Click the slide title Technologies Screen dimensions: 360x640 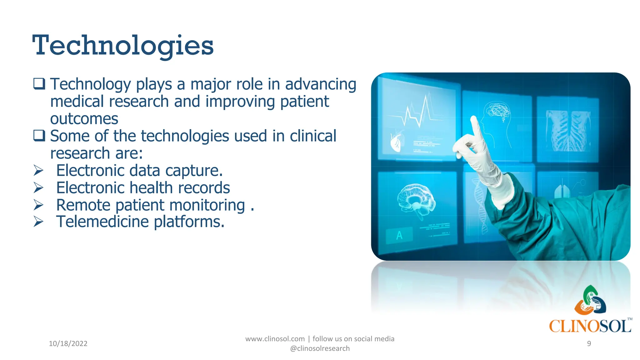123,46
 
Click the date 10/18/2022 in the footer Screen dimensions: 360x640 68,343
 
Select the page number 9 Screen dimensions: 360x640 589,343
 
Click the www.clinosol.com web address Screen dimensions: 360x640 275,339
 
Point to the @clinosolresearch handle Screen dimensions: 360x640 320,348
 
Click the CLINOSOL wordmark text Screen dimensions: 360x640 590,326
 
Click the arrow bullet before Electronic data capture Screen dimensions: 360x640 38,171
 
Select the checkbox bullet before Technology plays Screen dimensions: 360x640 39,84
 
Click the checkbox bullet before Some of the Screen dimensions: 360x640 39,136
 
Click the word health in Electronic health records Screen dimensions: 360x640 151,188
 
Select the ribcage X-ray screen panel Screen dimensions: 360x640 567,130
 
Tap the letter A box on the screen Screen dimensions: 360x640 399,235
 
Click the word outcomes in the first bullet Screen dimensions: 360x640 84,119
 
